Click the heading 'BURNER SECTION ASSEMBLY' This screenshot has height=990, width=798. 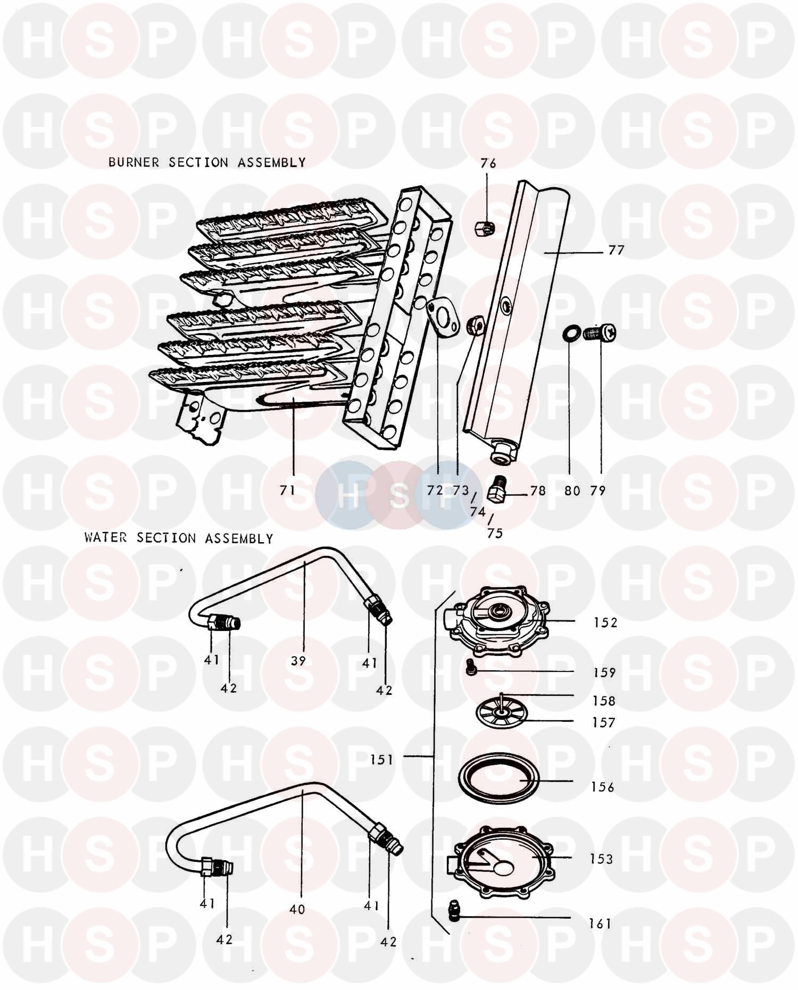207,162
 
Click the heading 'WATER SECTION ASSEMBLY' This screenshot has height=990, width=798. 179,538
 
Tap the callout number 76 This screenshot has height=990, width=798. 488,163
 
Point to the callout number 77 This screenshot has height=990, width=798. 616,249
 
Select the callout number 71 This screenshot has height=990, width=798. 287,490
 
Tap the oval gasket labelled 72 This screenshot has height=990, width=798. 443,318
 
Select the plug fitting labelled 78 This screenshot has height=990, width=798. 497,489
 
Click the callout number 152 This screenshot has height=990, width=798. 605,622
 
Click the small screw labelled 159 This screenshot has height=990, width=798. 470,668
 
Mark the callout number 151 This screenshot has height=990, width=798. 381,760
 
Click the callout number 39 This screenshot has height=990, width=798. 298,661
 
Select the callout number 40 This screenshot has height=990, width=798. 297,909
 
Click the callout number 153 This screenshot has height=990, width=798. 601,859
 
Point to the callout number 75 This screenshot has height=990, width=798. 495,533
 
